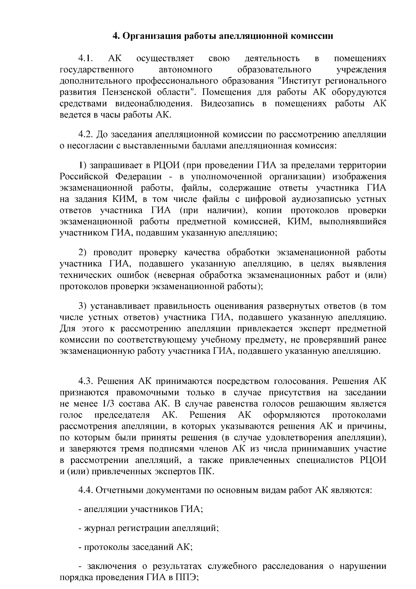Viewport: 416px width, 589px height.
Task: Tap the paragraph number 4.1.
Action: pyautogui.click(x=85, y=58)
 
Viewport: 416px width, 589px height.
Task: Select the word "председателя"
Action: pyautogui.click(x=122, y=415)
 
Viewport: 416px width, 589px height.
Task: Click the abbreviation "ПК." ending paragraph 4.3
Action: pyautogui.click(x=206, y=472)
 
